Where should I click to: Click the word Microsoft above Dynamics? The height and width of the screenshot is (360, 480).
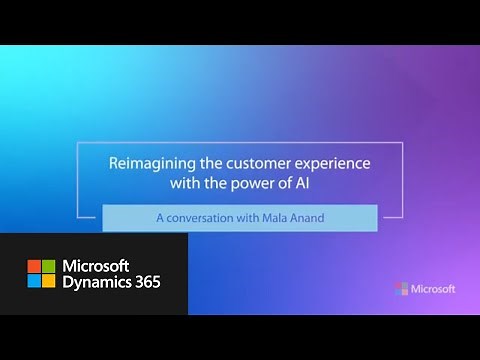[x=109, y=265]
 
